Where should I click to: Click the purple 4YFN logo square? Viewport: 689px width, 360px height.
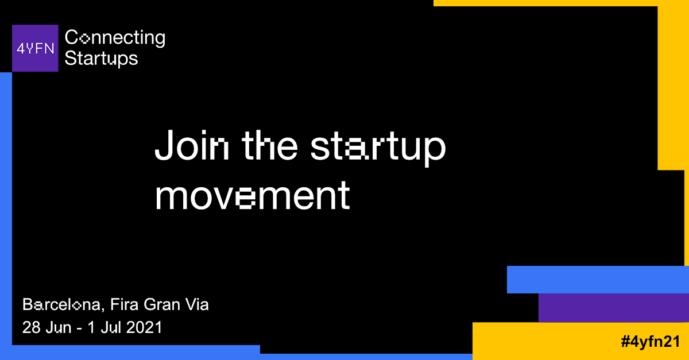click(35, 48)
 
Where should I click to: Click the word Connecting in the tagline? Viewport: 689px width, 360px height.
click(115, 38)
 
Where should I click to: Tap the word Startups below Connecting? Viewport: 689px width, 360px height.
click(101, 58)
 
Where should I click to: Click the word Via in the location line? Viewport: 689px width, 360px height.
click(197, 304)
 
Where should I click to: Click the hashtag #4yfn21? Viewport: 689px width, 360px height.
click(649, 342)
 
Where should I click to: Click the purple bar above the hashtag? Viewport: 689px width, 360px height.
click(613, 308)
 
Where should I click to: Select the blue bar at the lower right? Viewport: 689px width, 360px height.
click(597, 280)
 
